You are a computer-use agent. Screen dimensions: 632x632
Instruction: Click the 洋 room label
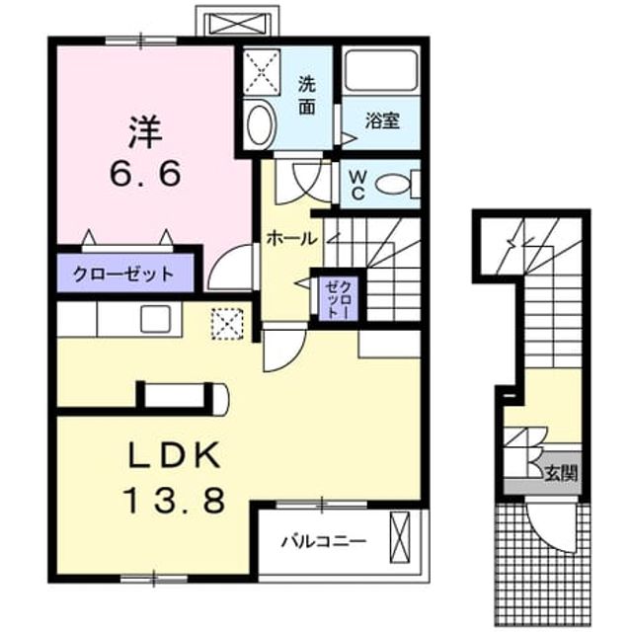click(145, 131)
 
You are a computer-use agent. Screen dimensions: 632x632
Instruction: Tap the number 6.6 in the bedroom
click(144, 174)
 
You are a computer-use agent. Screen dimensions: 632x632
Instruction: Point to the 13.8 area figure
click(175, 500)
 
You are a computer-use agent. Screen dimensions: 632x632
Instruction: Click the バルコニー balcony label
click(324, 541)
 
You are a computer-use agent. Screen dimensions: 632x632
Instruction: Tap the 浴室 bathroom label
click(382, 120)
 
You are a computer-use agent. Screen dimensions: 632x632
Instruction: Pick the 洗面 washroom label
click(307, 95)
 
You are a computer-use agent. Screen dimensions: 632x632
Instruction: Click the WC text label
click(356, 185)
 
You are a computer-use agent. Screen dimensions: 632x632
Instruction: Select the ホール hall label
click(291, 239)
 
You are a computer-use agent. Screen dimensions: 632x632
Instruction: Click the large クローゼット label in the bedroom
click(122, 275)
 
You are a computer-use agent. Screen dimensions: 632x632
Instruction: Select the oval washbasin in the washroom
click(261, 122)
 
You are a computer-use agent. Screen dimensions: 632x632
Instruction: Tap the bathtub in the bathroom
click(381, 71)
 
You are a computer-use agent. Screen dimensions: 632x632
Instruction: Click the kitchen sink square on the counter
click(155, 318)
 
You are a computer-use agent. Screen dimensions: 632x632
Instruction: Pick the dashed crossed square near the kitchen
click(228, 324)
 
